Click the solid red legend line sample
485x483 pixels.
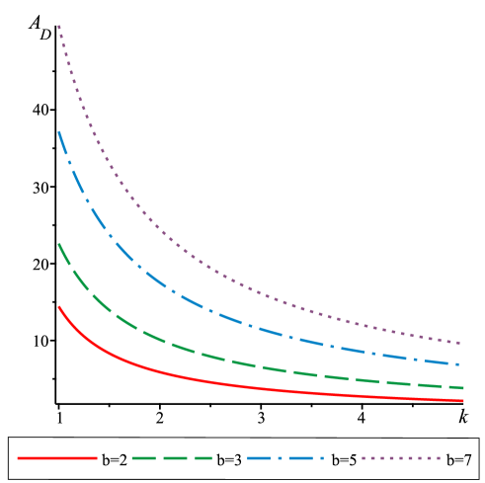[56, 458]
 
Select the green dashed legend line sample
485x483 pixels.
[172, 458]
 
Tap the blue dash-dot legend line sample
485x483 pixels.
[285, 458]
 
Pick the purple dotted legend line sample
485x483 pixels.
[400, 458]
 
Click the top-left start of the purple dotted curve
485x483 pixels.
[58, 27]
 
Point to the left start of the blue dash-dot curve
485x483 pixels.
[58, 131]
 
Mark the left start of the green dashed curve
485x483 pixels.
[58, 243]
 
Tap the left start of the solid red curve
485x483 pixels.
[58, 307]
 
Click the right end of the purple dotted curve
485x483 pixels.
[460, 343]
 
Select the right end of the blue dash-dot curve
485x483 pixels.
[460, 364]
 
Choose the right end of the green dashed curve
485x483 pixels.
[462, 387]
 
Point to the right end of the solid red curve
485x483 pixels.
[462, 400]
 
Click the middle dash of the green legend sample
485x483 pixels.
[172, 458]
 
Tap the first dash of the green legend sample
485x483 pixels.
[142, 458]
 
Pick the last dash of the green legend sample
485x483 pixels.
[202, 458]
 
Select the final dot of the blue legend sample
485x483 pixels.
[321, 458]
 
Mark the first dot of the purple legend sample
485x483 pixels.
[364, 458]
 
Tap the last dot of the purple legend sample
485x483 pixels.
[438, 458]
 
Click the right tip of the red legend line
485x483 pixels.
[96, 458]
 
